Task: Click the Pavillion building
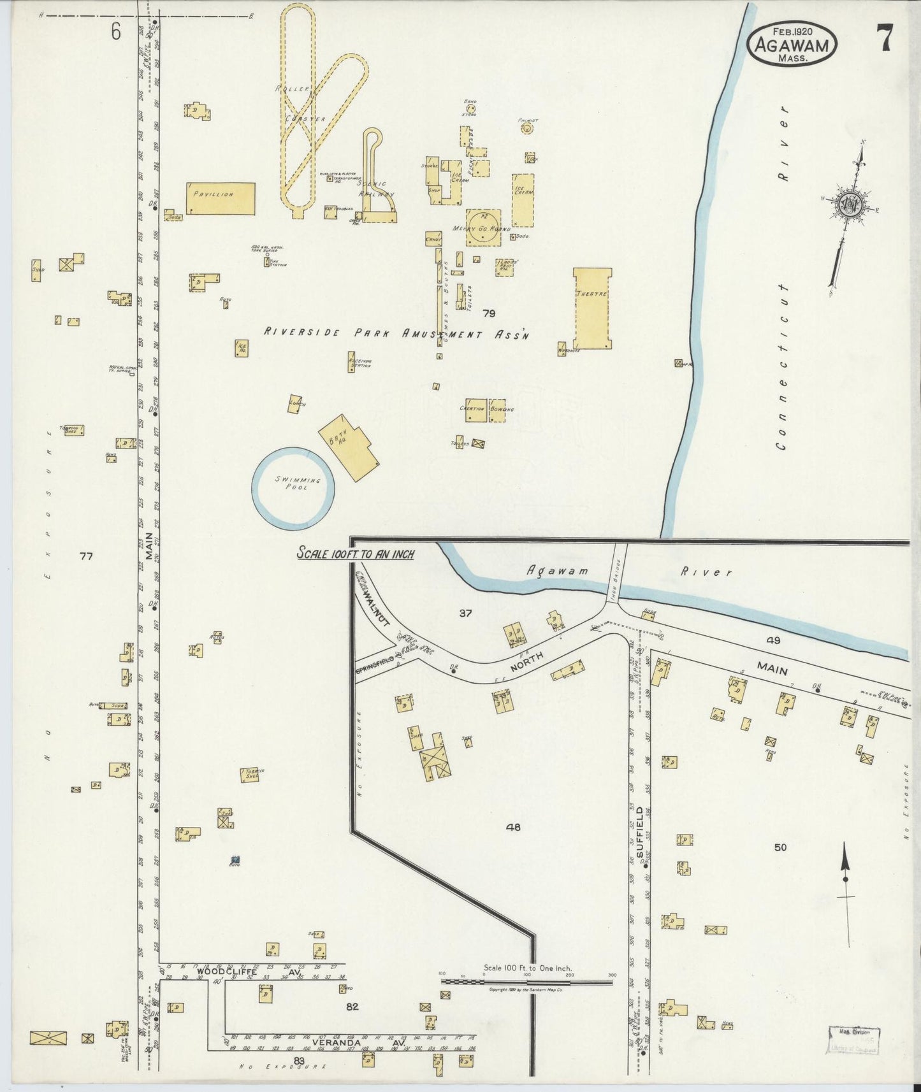click(221, 199)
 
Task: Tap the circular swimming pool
click(293, 487)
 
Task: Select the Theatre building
click(592, 308)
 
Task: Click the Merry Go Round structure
click(482, 227)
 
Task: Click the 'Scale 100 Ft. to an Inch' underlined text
click(356, 554)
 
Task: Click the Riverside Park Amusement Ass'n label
click(396, 333)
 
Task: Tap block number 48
click(513, 827)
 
